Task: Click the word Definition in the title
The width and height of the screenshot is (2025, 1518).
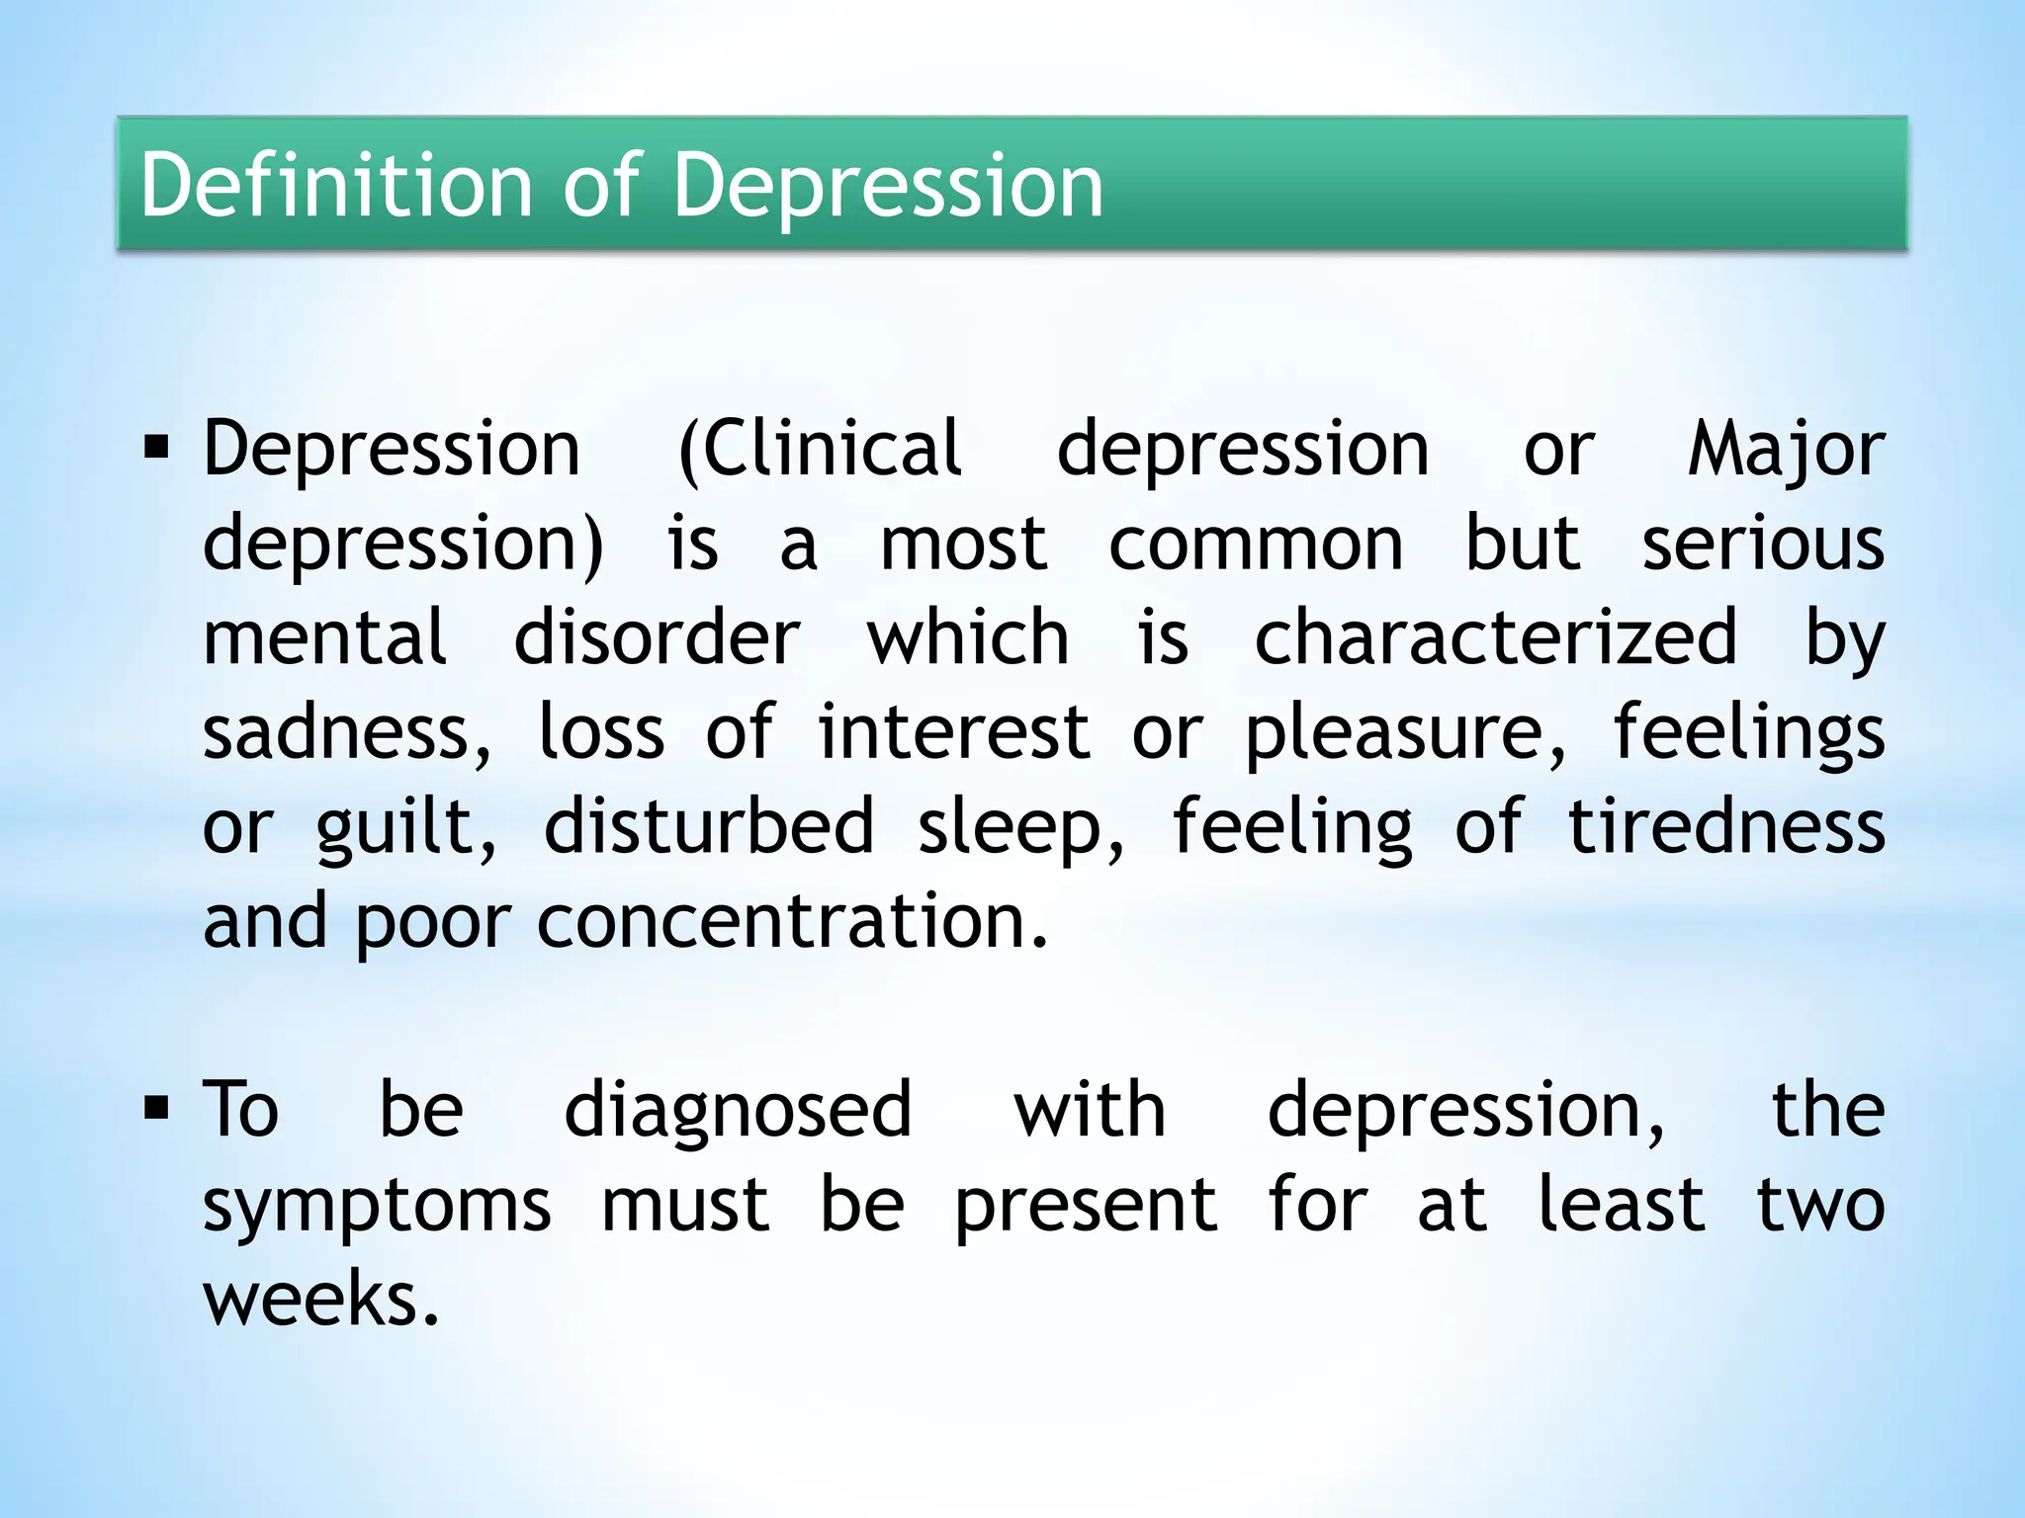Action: [x=336, y=185]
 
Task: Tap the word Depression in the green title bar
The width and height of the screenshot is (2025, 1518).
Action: [x=887, y=185]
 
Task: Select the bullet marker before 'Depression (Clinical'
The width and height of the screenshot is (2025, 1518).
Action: [x=156, y=450]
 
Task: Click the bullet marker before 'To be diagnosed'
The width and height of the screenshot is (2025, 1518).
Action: [x=156, y=1110]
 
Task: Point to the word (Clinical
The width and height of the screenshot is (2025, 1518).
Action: [x=820, y=450]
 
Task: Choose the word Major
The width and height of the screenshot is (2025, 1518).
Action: [x=1786, y=450]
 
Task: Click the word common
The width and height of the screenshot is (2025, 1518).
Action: [x=1256, y=544]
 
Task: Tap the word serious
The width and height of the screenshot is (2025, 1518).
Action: [x=1763, y=544]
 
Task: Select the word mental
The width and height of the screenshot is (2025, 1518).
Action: [x=324, y=637]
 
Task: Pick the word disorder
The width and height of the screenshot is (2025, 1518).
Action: [x=657, y=637]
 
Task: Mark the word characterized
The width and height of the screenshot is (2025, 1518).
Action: [x=1495, y=637]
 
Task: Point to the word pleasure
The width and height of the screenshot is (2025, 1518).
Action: [x=1404, y=732]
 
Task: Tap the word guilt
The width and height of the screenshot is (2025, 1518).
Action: [x=405, y=826]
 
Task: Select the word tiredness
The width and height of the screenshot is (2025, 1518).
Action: [x=1726, y=826]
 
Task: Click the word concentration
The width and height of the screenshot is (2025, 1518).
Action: [x=791, y=921]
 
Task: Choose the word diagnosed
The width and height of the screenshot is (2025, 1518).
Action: [x=738, y=1110]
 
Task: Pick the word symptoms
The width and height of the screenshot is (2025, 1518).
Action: [x=377, y=1205]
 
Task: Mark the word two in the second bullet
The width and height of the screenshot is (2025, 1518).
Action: [x=1820, y=1205]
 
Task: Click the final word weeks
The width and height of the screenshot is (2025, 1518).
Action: [x=320, y=1299]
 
